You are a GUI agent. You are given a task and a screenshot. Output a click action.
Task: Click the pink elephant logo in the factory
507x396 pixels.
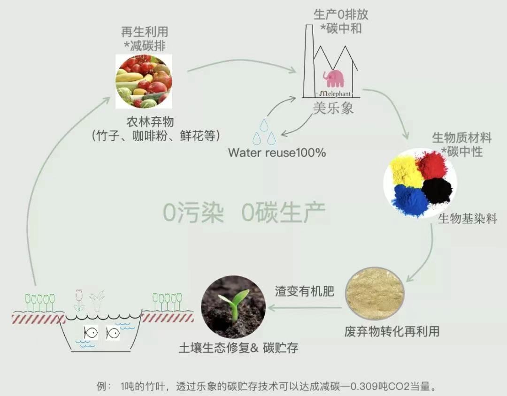click(333, 78)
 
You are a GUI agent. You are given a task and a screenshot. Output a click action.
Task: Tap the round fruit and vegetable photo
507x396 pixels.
click(144, 81)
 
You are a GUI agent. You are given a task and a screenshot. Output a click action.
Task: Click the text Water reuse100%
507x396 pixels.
click(277, 152)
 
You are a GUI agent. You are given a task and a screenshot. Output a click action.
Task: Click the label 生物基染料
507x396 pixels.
click(467, 219)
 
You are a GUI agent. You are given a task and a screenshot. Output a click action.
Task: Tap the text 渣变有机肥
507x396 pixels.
click(305, 291)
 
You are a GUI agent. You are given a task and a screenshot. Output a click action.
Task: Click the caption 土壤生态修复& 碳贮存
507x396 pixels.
click(238, 348)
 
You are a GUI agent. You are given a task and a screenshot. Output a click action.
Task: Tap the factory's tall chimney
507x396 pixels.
click(308, 56)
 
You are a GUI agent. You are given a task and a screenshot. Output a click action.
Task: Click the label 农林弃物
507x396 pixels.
click(150, 122)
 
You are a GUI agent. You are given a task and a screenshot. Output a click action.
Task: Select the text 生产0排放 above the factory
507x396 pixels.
click(341, 14)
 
